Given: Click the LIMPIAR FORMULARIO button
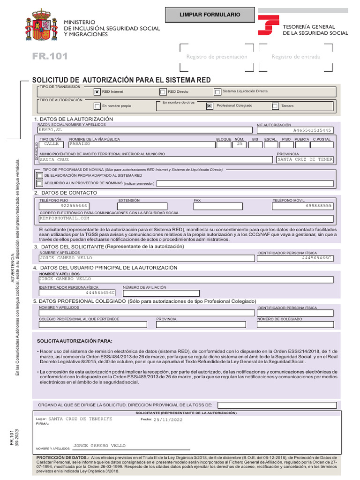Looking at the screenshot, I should click(x=210, y=15).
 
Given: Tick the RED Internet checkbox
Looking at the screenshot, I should click(x=97, y=92).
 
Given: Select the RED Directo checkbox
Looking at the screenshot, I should click(x=163, y=92).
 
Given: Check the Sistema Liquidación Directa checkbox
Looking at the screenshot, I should click(x=217, y=92).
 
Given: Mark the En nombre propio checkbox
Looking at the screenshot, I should click(x=97, y=106).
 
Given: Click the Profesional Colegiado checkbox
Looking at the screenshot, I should click(x=209, y=106).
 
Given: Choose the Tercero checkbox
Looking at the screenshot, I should click(x=275, y=106).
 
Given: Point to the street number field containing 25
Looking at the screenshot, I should click(x=240, y=144).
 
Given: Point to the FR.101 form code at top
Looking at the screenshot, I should click(x=50, y=57).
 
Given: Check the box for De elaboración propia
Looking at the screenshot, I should click(x=39, y=175).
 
